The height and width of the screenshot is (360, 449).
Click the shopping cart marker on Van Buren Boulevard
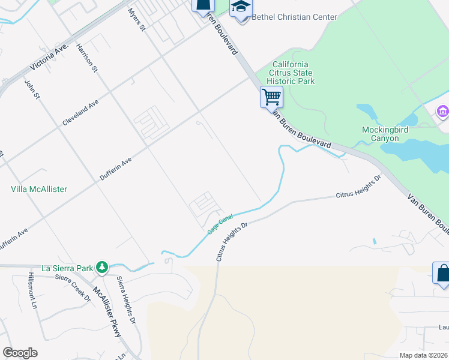271,97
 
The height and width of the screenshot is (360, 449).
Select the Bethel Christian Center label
294,17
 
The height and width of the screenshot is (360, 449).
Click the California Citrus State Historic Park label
291,73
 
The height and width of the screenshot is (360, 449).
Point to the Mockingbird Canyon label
381,134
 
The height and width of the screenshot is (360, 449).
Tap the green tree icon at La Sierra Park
103,266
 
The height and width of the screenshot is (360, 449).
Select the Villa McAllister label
39,189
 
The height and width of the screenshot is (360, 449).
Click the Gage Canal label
220,224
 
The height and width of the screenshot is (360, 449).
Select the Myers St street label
137,19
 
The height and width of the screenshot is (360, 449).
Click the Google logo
20,353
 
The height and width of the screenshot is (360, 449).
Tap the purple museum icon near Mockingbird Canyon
443,112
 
